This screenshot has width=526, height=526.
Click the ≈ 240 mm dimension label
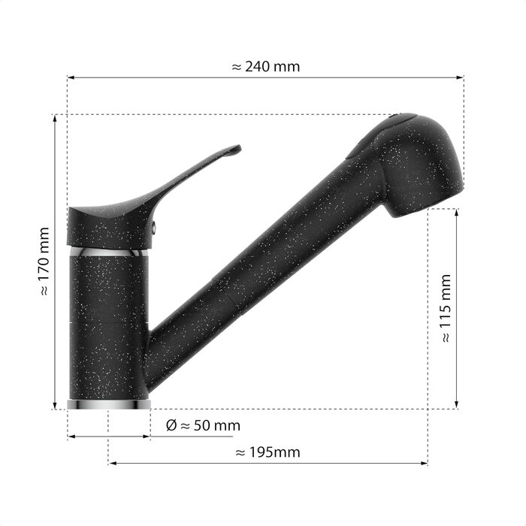(266, 67)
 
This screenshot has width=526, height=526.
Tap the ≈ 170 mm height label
(44, 261)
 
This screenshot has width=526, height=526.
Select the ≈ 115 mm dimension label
(446, 308)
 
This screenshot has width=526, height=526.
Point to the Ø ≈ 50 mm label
(204, 425)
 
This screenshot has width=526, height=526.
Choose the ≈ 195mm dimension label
(268, 452)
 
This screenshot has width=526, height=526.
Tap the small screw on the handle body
(154, 228)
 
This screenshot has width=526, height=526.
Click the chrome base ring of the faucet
(109, 404)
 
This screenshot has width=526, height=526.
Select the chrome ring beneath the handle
(109, 252)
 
